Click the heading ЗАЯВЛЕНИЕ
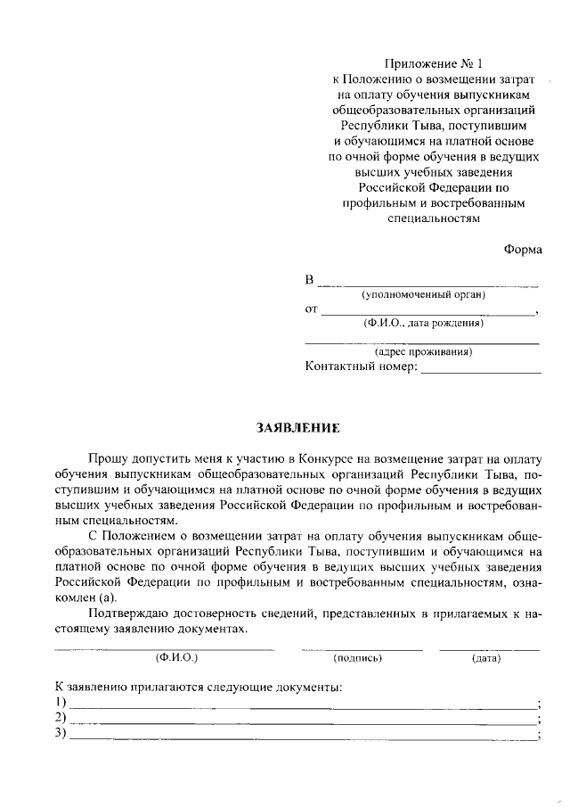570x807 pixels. (297, 428)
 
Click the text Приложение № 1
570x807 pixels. (424, 63)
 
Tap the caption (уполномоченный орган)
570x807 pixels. (423, 295)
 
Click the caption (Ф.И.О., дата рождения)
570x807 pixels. (423, 324)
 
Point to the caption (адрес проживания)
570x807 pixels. (423, 352)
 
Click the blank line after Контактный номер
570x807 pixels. (481, 371)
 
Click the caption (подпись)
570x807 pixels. (357, 658)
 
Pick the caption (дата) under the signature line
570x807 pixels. (486, 658)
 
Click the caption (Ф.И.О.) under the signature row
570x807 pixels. (176, 658)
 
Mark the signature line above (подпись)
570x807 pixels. (361, 648)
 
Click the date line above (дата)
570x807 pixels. (489, 648)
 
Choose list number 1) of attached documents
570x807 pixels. (61, 704)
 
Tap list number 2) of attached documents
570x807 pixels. (61, 719)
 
